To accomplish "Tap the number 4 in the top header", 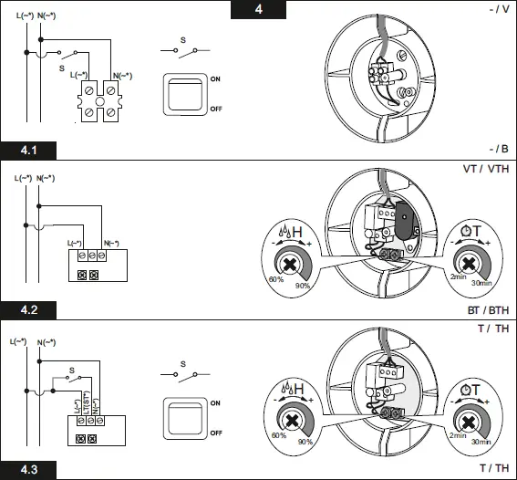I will (258, 10).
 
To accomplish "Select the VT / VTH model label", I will (486, 170).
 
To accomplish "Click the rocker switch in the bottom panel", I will (185, 416).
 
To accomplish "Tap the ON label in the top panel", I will (216, 79).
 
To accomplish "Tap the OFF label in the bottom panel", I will (217, 432).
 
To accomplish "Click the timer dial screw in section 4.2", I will (468, 264).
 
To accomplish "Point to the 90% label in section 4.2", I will (302, 287).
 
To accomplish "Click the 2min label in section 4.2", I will (459, 275).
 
